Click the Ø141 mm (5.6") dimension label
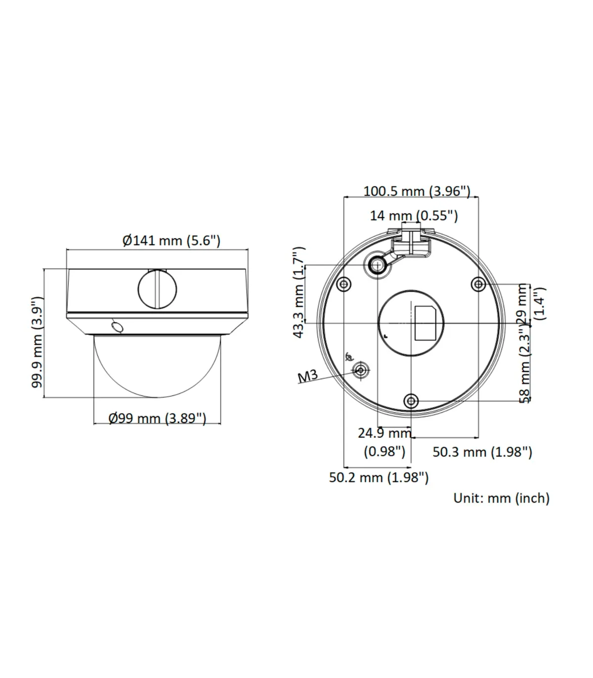point(171,240)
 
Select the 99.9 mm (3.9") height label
point(38,342)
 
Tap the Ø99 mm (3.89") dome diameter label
point(157,418)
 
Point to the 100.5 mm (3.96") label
point(417,191)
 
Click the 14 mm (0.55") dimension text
point(414,216)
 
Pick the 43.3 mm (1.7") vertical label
point(299,292)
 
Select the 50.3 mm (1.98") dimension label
point(482,452)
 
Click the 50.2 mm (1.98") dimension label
point(379,477)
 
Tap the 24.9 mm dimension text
point(384,433)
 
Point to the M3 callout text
point(308,376)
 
